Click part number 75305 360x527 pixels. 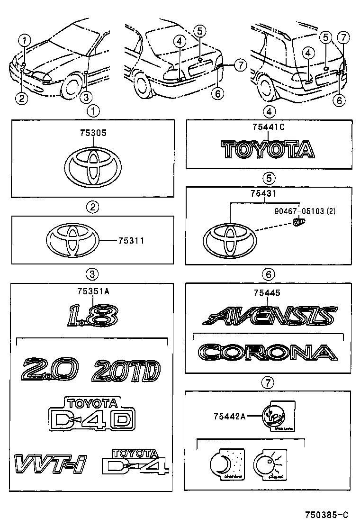93,134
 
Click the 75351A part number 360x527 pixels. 93,291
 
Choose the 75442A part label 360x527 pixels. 229,417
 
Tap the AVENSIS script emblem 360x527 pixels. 269,315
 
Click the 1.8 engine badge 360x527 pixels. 92,315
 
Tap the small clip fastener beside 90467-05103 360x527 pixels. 298,222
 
